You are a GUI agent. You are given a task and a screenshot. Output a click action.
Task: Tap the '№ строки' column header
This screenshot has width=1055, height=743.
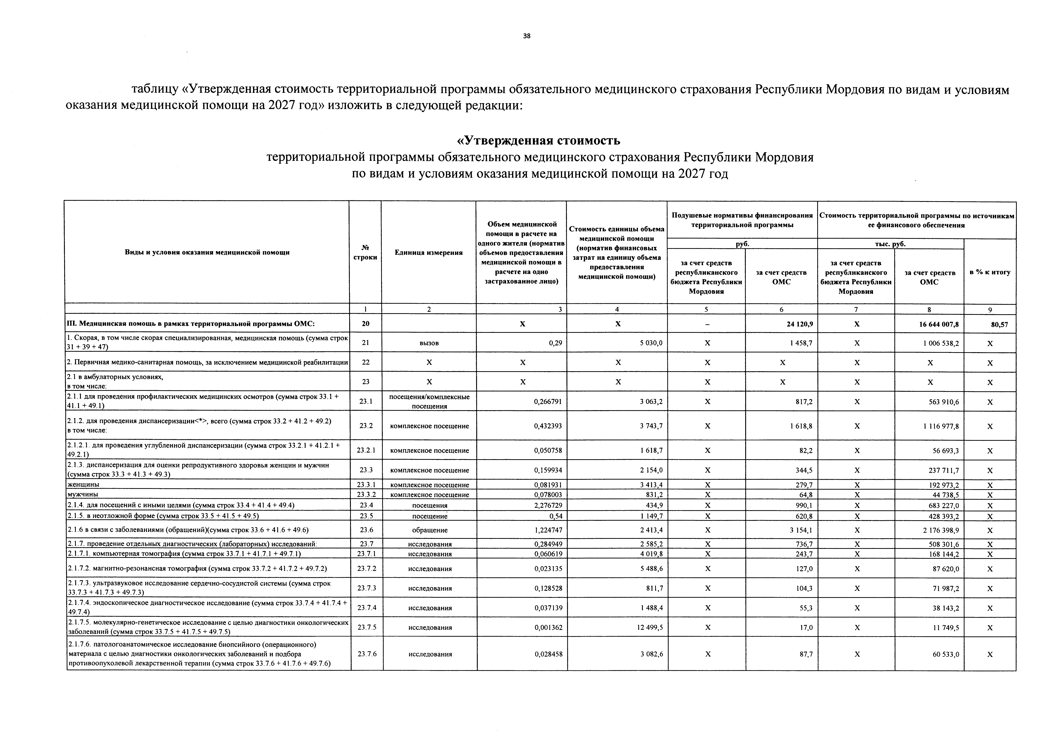pos(365,252)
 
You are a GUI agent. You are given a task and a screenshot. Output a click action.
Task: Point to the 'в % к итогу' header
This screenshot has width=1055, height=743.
pos(990,272)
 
